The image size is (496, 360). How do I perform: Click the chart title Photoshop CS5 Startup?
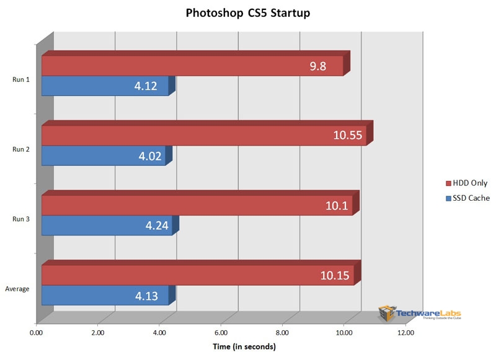click(x=247, y=12)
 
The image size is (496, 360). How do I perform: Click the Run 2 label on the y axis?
click(x=21, y=149)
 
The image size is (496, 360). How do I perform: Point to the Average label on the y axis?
click(x=17, y=289)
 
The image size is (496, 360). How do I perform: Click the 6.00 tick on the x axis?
click(x=221, y=333)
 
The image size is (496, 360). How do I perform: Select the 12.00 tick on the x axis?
click(x=405, y=333)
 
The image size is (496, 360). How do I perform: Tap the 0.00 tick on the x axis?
click(x=37, y=333)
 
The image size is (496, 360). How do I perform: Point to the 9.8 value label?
click(x=319, y=66)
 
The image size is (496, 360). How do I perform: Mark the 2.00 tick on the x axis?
click(x=98, y=333)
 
